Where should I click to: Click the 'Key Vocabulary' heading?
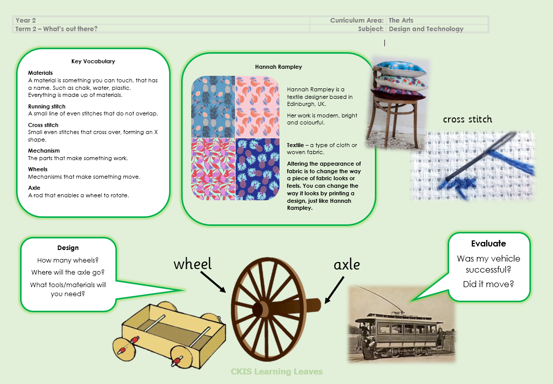click(93, 61)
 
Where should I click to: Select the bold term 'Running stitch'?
click(47, 106)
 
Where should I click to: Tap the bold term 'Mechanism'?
click(44, 151)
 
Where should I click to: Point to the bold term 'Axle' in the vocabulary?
click(34, 188)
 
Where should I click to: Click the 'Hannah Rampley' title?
click(279, 67)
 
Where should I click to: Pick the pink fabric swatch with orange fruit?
click(257, 106)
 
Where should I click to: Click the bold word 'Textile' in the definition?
click(295, 145)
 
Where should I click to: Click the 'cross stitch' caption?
click(467, 119)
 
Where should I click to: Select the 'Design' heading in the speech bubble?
click(68, 248)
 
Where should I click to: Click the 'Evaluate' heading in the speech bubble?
click(488, 243)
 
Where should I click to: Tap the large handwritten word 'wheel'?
click(193, 264)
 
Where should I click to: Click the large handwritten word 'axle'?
click(347, 265)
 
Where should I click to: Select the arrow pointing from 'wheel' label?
click(213, 282)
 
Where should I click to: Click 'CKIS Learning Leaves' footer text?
click(277, 371)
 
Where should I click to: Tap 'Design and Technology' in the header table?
click(426, 29)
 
